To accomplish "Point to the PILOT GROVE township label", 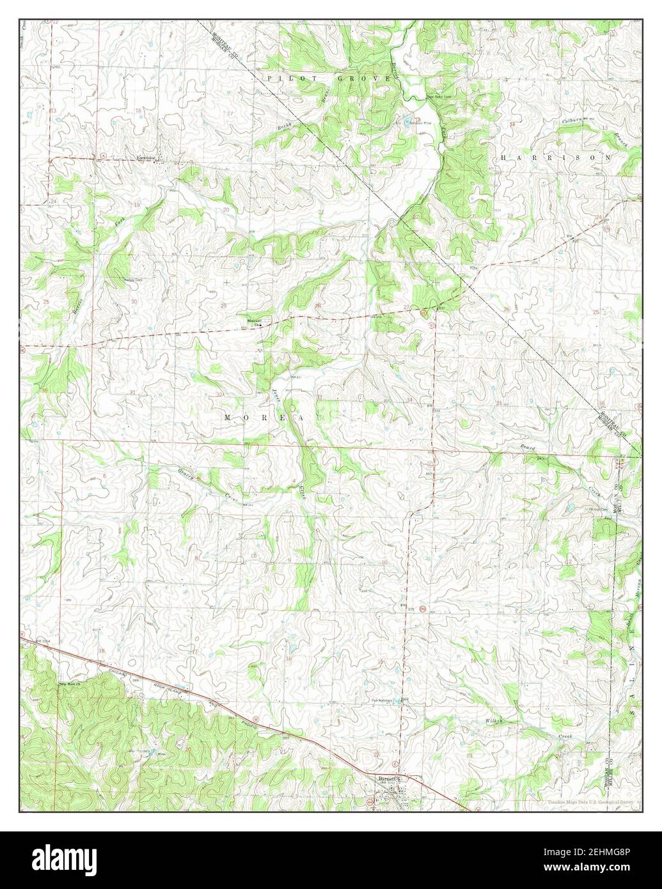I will pyautogui.click(x=329, y=78).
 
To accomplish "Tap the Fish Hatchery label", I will pyautogui.click(x=384, y=700).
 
